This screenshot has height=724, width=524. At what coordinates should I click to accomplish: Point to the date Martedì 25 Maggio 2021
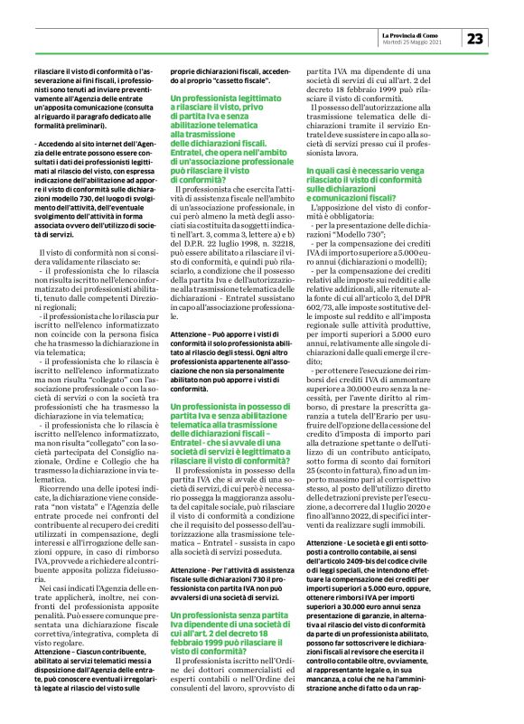coord(418,42)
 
